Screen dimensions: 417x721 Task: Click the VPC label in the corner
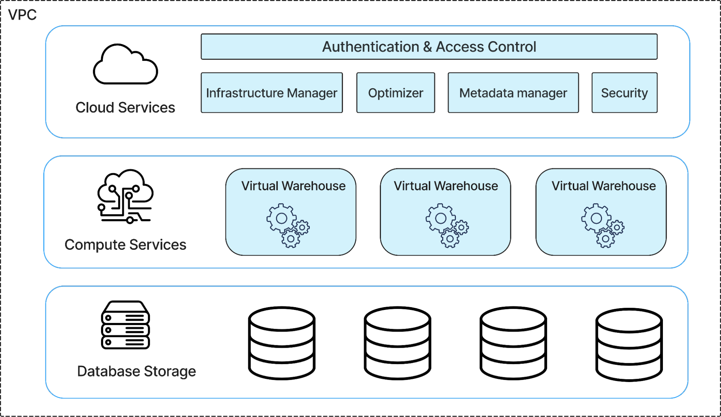(22, 15)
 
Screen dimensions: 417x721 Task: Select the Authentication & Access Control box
(429, 47)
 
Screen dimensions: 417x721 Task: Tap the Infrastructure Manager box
(271, 93)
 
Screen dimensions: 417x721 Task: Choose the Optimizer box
(395, 93)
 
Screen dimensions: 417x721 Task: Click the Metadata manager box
(513, 93)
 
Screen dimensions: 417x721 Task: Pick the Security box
(624, 93)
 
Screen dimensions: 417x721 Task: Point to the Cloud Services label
(125, 107)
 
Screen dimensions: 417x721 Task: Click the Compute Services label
(125, 245)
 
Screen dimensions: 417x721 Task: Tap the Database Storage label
(136, 371)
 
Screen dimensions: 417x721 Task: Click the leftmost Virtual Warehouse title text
(293, 186)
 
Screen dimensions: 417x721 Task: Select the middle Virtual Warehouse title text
(445, 186)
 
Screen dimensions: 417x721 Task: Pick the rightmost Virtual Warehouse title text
(603, 186)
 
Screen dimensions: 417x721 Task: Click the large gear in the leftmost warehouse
(281, 218)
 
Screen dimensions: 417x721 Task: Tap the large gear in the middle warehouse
(440, 218)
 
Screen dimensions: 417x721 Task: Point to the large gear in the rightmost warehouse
(596, 218)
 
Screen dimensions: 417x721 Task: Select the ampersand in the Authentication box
(427, 47)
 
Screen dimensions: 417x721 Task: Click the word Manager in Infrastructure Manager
(312, 93)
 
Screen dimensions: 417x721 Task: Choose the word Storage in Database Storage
(170, 371)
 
